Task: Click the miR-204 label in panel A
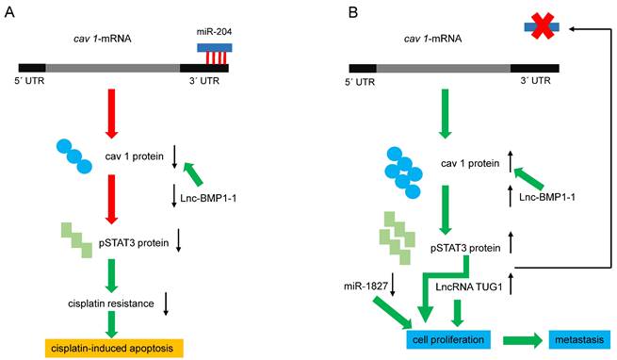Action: click(x=214, y=32)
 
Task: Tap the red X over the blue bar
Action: click(x=542, y=26)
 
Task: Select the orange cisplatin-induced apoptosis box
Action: click(x=114, y=348)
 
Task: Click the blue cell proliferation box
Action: click(x=448, y=339)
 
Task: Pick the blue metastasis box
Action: click(x=579, y=339)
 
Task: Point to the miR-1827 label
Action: click(x=365, y=286)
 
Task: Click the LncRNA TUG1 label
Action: click(x=469, y=286)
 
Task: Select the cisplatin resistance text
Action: click(x=111, y=303)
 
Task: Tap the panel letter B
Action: click(x=353, y=12)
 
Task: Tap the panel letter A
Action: click(x=9, y=12)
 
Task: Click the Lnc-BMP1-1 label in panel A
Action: click(x=208, y=198)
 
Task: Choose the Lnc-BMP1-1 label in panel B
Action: click(x=547, y=197)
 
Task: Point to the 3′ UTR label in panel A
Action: click(x=204, y=81)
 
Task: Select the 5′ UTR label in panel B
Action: click(x=360, y=82)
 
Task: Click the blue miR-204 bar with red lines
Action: click(x=215, y=53)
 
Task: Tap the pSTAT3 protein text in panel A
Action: click(x=134, y=243)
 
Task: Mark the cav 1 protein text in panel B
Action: click(x=470, y=163)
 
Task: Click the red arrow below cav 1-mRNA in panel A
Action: click(x=112, y=114)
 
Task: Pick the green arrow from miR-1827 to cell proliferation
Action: click(x=392, y=313)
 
